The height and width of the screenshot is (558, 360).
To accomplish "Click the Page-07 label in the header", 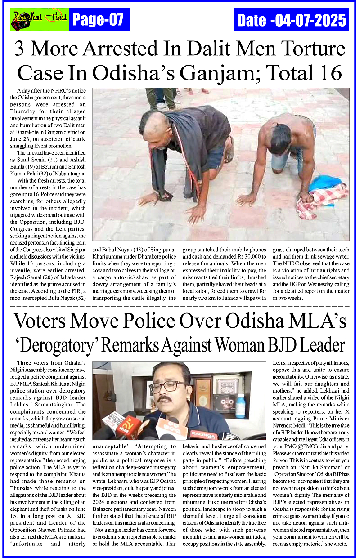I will pyautogui.click(x=98, y=20).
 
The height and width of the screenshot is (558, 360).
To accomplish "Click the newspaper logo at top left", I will pyautogui.click(x=39, y=20).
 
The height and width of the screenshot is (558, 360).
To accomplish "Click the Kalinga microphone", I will pyautogui.click(x=203, y=434).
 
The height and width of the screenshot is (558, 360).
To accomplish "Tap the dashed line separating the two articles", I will pyautogui.click(x=180, y=306).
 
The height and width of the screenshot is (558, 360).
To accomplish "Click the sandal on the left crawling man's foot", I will pyautogui.click(x=229, y=149).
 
